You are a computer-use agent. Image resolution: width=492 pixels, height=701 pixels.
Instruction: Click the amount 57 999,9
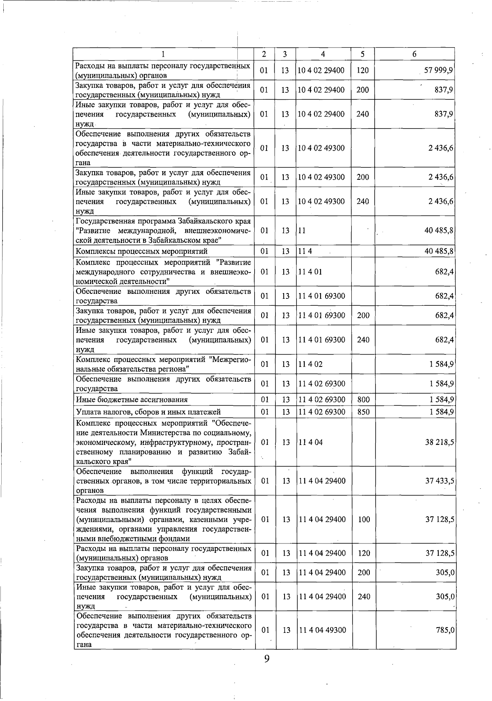click(x=438, y=70)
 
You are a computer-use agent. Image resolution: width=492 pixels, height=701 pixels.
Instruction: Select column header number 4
click(x=323, y=54)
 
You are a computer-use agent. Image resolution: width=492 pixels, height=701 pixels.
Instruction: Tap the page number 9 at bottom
click(x=266, y=658)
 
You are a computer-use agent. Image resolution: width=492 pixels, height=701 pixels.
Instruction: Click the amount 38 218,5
click(x=439, y=442)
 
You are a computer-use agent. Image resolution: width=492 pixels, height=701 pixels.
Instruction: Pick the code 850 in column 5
click(x=363, y=412)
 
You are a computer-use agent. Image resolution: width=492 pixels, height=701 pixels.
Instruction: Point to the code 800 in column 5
click(x=363, y=399)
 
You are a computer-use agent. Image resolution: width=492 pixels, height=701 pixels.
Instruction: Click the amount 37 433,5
click(x=439, y=481)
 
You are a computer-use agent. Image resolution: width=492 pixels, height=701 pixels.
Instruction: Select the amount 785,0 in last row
click(x=445, y=630)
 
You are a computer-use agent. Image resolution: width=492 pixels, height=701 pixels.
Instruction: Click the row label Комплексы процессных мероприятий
click(x=141, y=251)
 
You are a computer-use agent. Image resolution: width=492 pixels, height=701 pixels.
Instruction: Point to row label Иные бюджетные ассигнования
click(x=132, y=399)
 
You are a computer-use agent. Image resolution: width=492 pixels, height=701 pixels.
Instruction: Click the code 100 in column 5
click(x=364, y=519)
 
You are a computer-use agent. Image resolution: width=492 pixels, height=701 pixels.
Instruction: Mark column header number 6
click(x=415, y=54)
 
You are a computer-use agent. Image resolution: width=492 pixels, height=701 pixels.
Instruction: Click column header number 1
click(x=164, y=54)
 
